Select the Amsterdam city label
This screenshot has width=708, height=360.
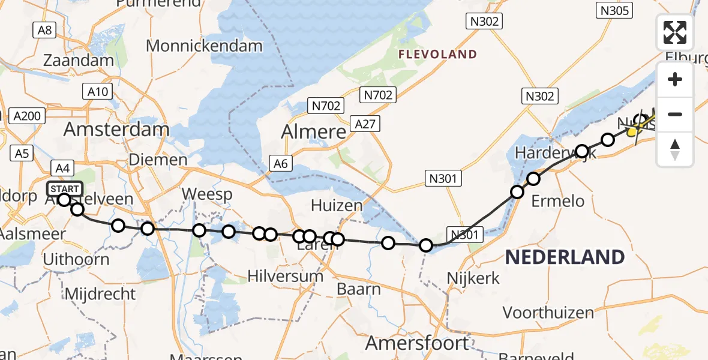click(x=116, y=129)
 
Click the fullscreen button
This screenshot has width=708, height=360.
click(x=675, y=32)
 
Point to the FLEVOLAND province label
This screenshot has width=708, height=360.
click(x=437, y=55)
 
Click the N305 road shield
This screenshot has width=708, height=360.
click(x=614, y=10)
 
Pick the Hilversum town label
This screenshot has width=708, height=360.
click(x=286, y=277)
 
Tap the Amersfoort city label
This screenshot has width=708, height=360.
click(x=418, y=343)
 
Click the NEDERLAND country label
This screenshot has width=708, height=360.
click(x=565, y=257)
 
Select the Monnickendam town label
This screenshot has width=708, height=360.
click(x=204, y=46)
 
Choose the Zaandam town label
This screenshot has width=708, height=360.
click(x=79, y=61)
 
